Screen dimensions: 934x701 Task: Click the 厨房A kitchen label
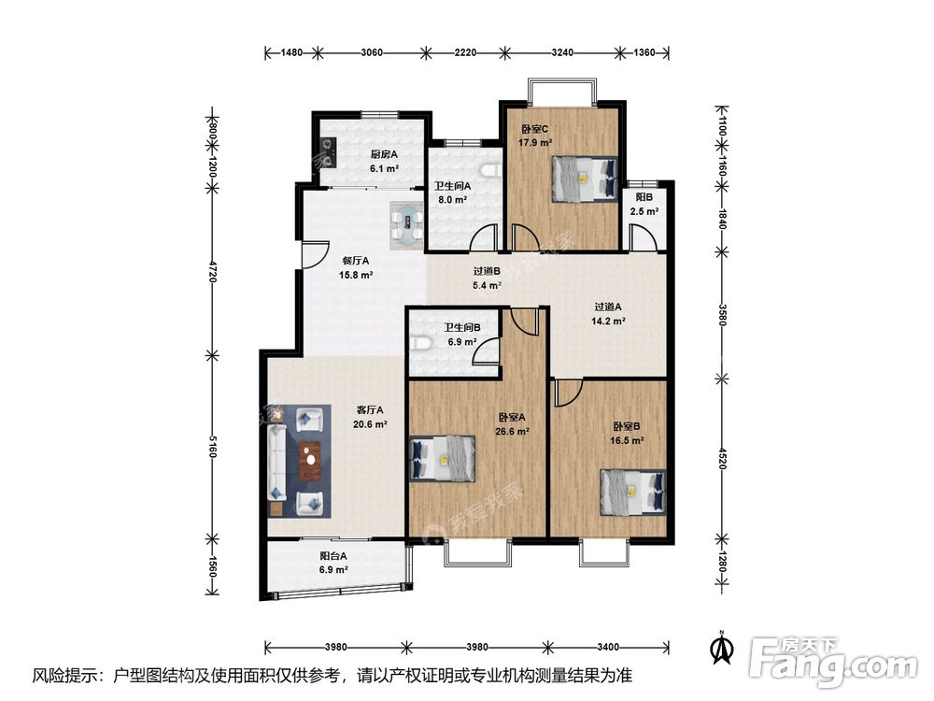(384, 154)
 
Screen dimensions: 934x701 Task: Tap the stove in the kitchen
(329, 152)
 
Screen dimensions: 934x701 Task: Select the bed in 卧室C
(585, 179)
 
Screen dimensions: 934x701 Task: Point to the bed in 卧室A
(443, 458)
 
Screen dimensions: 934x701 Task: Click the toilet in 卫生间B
(420, 343)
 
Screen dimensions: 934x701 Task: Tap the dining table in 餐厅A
(407, 225)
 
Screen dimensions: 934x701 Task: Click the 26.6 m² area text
(512, 432)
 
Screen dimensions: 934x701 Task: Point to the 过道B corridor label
(487, 271)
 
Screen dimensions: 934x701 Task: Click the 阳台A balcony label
(333, 556)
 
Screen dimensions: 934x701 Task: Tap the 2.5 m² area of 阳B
(644, 211)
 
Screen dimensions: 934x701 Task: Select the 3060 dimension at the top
(372, 52)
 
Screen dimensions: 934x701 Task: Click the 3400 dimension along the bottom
(608, 647)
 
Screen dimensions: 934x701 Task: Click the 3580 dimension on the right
(722, 314)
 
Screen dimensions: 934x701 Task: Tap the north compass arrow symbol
(724, 648)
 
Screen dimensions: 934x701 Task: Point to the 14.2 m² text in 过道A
(608, 322)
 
